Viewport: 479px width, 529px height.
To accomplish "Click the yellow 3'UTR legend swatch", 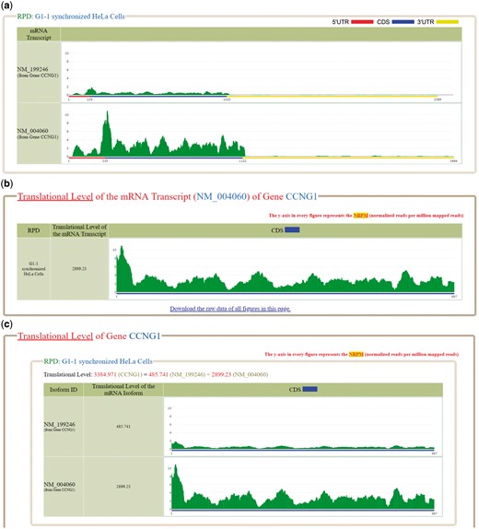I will (450, 21).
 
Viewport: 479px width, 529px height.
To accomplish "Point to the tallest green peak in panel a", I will (107, 115).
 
